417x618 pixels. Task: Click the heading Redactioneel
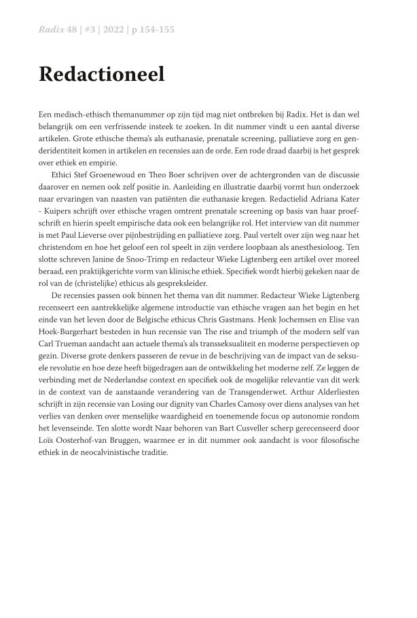(x=102, y=75)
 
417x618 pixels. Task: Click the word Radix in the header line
(x=50, y=31)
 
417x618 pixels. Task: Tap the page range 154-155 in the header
(x=160, y=31)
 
